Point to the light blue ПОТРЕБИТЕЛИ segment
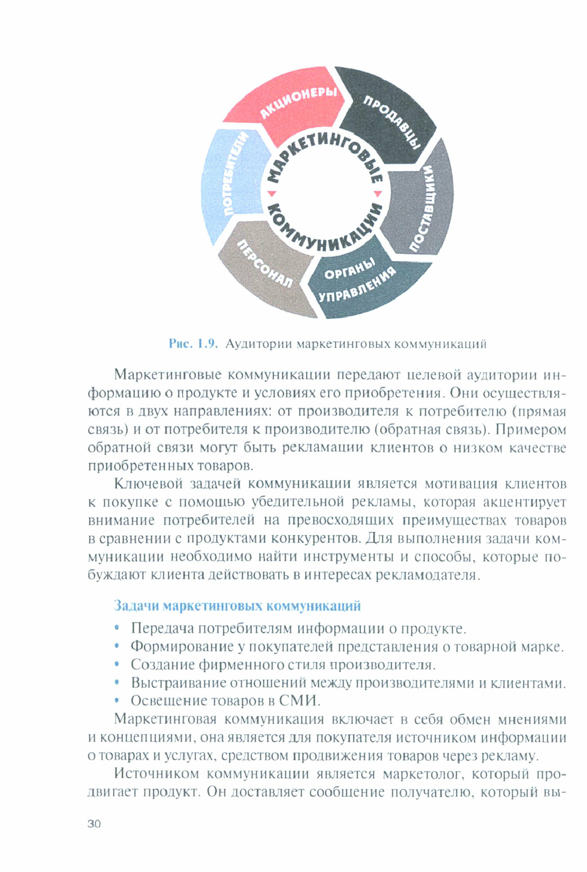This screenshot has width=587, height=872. (x=231, y=179)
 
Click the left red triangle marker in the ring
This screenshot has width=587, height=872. (x=271, y=193)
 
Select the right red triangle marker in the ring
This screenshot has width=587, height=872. (x=378, y=193)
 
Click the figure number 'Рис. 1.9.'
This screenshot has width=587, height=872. (x=193, y=344)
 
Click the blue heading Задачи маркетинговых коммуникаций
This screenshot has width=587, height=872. (x=237, y=606)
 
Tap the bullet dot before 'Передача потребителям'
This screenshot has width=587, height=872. (x=116, y=628)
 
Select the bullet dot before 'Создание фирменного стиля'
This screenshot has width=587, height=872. (x=116, y=664)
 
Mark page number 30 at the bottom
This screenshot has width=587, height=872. (x=94, y=824)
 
